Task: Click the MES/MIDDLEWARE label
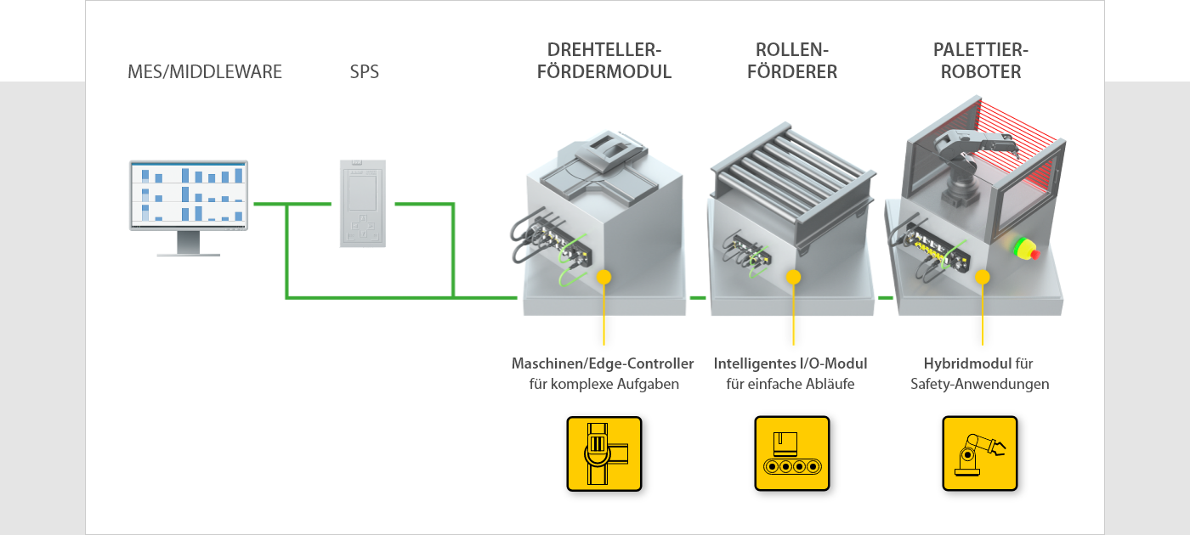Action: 205,71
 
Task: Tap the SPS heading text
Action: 365,71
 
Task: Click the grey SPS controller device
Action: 363,203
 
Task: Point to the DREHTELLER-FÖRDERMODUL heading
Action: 604,60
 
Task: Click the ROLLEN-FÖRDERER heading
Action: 792,60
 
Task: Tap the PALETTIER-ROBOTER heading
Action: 981,60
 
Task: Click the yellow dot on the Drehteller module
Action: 603,277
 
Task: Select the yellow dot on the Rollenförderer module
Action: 793,277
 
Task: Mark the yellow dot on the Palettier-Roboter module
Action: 983,277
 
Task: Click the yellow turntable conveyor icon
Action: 604,453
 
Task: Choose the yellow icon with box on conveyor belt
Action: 792,453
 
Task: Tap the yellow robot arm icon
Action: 980,453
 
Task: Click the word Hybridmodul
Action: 967,364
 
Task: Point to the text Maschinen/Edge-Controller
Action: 603,364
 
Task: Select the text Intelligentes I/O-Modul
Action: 790,364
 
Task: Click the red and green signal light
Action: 1026,248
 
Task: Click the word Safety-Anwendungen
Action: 979,384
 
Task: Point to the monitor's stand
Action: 189,245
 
